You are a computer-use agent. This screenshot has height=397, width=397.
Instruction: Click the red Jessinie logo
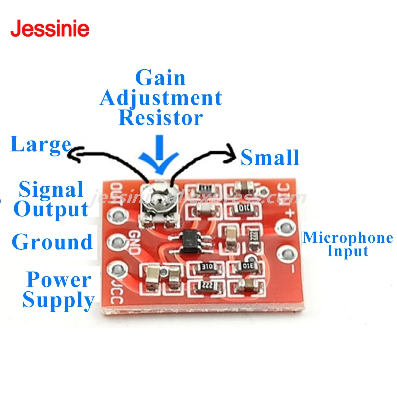tap(50, 28)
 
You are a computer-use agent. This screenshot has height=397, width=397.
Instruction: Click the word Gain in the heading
tap(160, 78)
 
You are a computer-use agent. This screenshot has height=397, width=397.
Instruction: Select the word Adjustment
tap(160, 98)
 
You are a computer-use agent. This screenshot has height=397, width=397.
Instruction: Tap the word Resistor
tap(160, 118)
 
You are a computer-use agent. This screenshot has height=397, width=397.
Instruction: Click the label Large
tap(41, 145)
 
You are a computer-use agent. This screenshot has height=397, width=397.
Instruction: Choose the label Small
tap(269, 157)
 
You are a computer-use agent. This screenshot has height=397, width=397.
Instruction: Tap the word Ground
tap(52, 242)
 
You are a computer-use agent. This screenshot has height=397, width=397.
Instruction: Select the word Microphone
tap(347, 238)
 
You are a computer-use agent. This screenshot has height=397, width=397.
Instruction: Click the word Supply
tap(58, 300)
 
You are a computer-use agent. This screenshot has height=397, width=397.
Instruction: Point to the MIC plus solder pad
tap(284, 228)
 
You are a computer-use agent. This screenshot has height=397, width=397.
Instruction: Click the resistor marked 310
tap(203, 267)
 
